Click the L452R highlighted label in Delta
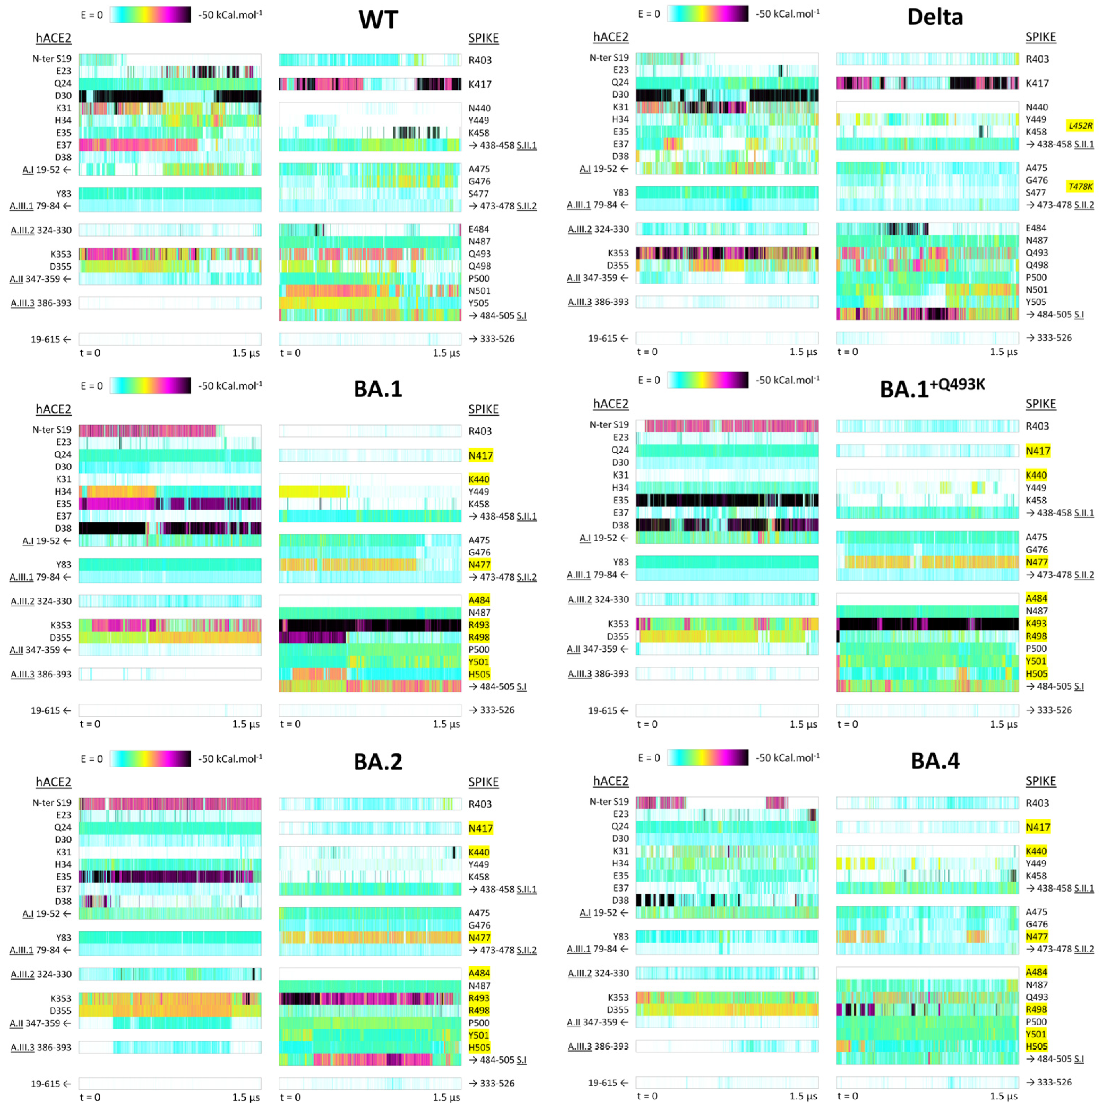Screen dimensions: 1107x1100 pos(1080,125)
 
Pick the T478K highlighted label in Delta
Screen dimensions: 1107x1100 pos(1080,186)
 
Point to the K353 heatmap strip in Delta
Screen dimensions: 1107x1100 pos(727,253)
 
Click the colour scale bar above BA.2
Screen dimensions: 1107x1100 pos(150,759)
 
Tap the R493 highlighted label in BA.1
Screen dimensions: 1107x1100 pos(479,624)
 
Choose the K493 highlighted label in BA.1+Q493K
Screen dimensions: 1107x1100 pos(1036,624)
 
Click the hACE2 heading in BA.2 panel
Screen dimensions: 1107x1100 pos(53,782)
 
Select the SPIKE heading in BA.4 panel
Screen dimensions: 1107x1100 pos(1040,781)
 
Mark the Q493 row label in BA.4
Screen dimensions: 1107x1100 pos(1036,997)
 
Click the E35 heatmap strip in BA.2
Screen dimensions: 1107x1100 pos(170,877)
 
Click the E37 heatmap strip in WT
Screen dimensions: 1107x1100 pos(170,145)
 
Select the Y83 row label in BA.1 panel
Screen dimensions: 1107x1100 pos(64,564)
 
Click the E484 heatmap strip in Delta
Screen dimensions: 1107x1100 pos(926,228)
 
